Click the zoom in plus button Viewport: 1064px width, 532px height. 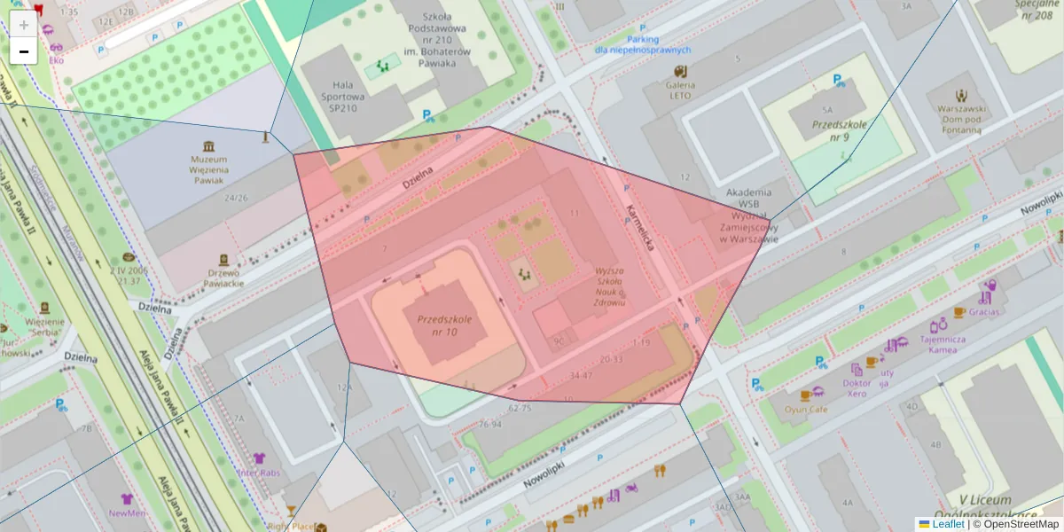click(x=24, y=25)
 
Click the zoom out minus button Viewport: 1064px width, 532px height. click(x=24, y=51)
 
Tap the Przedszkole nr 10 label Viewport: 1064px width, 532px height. click(x=449, y=325)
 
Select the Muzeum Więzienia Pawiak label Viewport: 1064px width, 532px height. click(x=209, y=169)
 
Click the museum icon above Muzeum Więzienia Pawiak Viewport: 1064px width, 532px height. click(x=208, y=145)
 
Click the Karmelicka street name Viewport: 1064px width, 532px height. click(x=639, y=227)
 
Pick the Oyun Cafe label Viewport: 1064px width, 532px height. click(x=806, y=410)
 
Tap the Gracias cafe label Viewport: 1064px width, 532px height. click(x=983, y=312)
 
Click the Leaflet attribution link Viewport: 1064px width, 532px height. click(x=946, y=524)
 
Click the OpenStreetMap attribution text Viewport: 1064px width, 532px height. click(x=1015, y=524)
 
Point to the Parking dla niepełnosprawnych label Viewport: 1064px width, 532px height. click(x=642, y=45)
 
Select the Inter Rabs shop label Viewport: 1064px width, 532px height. click(x=259, y=473)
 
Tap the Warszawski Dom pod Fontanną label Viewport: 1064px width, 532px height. click(x=961, y=119)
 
